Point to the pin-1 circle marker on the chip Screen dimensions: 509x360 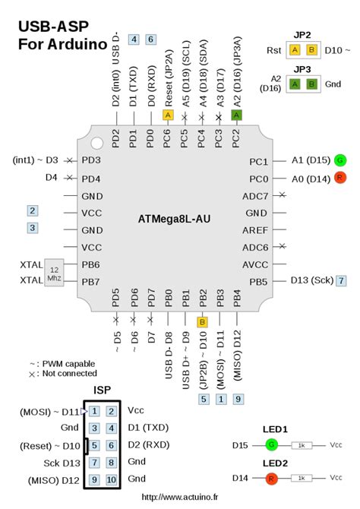click(x=96, y=142)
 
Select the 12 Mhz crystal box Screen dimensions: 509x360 click(x=54, y=273)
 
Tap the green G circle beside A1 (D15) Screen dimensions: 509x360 click(x=340, y=160)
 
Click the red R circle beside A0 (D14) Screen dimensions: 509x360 click(x=340, y=179)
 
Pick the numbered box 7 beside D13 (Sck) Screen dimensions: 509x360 click(x=342, y=280)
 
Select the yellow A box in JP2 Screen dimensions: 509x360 click(x=294, y=50)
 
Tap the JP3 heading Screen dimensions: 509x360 click(x=302, y=69)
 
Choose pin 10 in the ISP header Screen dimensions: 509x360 click(x=111, y=479)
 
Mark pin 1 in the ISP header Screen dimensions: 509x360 click(x=93, y=411)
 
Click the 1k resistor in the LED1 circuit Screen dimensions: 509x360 click(x=302, y=445)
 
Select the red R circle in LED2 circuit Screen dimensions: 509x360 click(x=271, y=478)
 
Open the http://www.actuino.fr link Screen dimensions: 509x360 click(x=179, y=498)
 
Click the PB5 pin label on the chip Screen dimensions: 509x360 click(x=258, y=281)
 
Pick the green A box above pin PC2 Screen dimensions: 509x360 click(x=236, y=115)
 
